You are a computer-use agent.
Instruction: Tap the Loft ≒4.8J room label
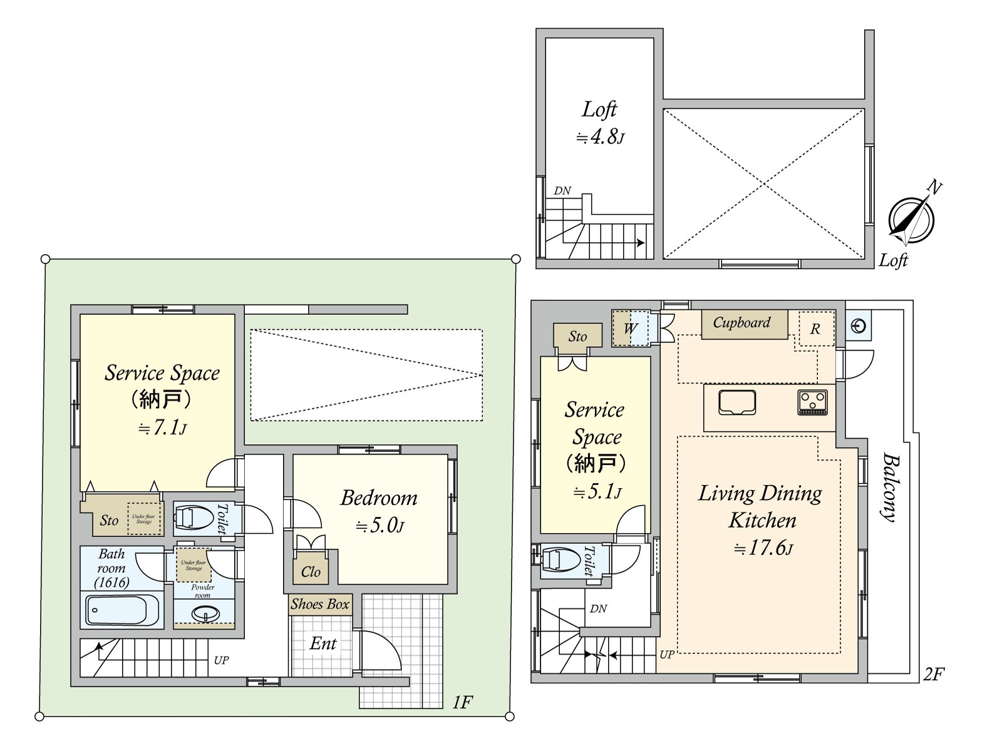600,122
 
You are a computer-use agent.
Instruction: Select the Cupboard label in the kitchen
742,323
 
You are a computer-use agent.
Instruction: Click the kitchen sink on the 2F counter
737,402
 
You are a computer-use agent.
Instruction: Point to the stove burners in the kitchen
813,402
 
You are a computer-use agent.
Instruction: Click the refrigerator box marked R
815,329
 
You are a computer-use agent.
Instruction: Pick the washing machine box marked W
630,329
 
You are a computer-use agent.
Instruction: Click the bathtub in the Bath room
123,610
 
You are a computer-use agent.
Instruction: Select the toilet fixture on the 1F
194,518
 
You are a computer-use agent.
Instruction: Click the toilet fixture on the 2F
562,559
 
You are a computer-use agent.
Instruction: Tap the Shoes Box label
320,605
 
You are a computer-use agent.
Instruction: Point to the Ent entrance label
323,644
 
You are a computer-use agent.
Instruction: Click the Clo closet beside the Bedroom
311,571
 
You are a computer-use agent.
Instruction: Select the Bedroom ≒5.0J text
379,511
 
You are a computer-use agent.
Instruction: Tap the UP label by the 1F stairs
221,660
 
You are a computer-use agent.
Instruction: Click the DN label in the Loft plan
562,191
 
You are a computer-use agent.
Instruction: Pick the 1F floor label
462,703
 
